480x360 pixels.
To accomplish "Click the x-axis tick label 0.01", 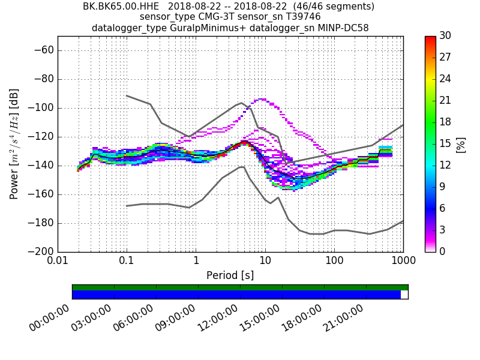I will [58, 262].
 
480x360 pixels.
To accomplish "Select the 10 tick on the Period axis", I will [265, 262].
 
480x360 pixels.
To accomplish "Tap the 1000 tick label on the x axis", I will [403, 262].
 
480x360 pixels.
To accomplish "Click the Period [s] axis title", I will [230, 275].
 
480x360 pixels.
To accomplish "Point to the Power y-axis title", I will [14, 144].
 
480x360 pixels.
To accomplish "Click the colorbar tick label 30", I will [445, 36].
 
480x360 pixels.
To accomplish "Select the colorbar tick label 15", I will [445, 144].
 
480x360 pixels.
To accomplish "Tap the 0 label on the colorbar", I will [442, 252].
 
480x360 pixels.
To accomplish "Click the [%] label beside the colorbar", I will [461, 144].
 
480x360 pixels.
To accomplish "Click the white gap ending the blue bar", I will [404, 295].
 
